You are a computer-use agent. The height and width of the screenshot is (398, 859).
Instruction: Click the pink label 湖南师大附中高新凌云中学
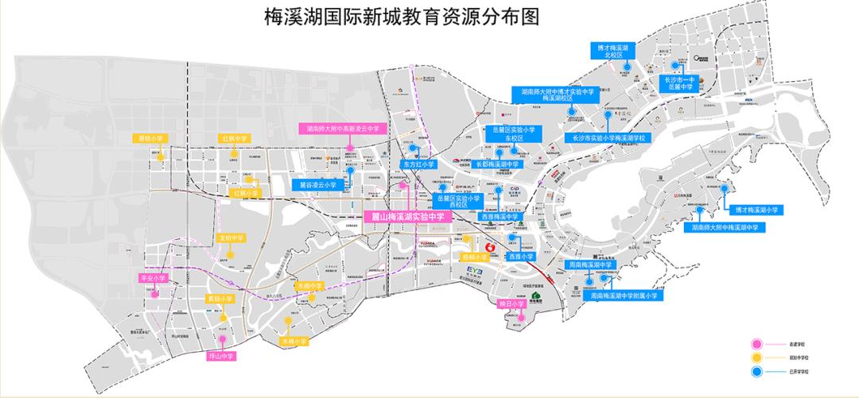pyautogui.click(x=343, y=127)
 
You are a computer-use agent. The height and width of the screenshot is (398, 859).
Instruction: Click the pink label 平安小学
pyautogui.click(x=153, y=279)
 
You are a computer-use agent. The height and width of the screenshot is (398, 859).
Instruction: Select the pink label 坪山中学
pyautogui.click(x=222, y=356)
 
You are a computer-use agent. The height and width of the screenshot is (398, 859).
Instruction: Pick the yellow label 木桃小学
pyautogui.click(x=293, y=341)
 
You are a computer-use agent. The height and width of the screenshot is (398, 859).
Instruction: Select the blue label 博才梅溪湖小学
pyautogui.click(x=755, y=210)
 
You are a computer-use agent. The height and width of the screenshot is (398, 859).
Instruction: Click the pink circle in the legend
pyautogui.click(x=756, y=344)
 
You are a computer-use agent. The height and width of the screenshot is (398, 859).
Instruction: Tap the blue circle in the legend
pyautogui.click(x=756, y=371)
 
